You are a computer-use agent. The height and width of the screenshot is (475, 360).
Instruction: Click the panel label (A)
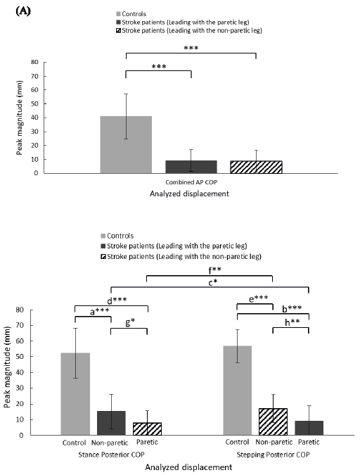click(x=22, y=11)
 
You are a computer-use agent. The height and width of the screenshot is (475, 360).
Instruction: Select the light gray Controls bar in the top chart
click(x=126, y=144)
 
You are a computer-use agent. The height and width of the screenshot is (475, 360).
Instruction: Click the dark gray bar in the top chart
click(x=191, y=167)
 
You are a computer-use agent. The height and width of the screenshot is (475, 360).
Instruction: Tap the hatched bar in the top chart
click(x=256, y=167)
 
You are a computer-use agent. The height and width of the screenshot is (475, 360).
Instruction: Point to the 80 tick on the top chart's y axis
click(x=34, y=62)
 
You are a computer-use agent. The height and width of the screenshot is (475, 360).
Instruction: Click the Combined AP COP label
click(x=191, y=182)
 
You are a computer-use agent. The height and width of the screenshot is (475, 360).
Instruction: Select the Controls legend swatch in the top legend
click(x=119, y=14)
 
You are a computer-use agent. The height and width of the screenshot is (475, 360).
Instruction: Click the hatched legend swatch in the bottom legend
click(x=103, y=257)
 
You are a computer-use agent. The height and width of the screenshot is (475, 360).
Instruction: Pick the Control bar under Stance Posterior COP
click(x=75, y=394)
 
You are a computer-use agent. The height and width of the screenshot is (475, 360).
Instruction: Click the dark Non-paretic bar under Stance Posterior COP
click(x=111, y=423)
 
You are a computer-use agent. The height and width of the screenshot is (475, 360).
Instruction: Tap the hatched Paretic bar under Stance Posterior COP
click(x=147, y=429)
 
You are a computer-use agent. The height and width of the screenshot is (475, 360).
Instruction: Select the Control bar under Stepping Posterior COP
click(x=238, y=391)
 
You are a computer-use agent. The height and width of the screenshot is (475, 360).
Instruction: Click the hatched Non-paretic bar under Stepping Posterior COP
click(x=273, y=422)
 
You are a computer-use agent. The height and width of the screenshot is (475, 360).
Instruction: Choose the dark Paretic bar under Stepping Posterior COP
click(x=309, y=428)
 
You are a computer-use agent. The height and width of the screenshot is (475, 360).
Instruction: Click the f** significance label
click(x=214, y=270)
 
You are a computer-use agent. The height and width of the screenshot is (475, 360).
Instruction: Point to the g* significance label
click(x=130, y=322)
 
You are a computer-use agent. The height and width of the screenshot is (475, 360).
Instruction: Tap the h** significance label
click(x=292, y=322)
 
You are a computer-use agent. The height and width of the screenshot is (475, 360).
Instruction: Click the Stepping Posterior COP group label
click(x=273, y=455)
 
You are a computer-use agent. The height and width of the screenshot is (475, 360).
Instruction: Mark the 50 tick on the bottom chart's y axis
click(x=23, y=357)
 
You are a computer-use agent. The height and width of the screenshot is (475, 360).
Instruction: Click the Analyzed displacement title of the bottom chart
click(x=188, y=467)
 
